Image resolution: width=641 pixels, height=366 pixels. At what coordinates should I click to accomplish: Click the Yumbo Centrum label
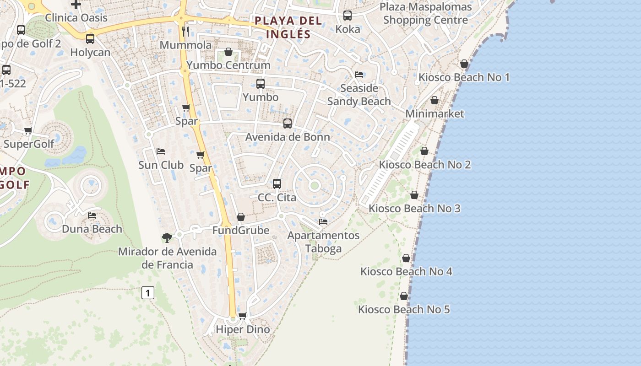pyautogui.click(x=228, y=65)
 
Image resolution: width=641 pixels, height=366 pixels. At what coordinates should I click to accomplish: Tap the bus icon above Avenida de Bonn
pyautogui.click(x=288, y=123)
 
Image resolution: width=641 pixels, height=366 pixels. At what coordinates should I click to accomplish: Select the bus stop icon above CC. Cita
pyautogui.click(x=277, y=184)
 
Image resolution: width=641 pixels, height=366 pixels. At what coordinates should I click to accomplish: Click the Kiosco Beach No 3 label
pyautogui.click(x=414, y=208)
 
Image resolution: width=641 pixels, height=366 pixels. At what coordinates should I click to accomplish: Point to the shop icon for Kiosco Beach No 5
pyautogui.click(x=404, y=296)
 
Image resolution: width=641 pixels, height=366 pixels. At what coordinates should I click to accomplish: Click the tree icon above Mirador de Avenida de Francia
pyautogui.click(x=167, y=237)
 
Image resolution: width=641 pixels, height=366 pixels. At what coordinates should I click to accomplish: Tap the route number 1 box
pyautogui.click(x=147, y=293)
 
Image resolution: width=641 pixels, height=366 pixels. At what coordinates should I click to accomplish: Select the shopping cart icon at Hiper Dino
pyautogui.click(x=243, y=316)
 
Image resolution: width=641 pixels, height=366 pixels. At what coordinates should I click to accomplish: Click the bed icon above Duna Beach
pyautogui.click(x=92, y=215)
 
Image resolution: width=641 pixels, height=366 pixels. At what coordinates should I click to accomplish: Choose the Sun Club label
pyautogui.click(x=161, y=165)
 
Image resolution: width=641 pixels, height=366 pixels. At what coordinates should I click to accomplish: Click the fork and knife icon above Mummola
pyautogui.click(x=185, y=31)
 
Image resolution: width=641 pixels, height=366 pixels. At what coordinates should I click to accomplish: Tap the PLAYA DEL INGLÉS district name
pyautogui.click(x=288, y=27)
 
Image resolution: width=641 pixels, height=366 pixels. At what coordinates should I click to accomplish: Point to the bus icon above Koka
pyautogui.click(x=348, y=16)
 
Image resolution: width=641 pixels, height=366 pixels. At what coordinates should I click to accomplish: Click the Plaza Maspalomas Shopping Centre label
pyautogui.click(x=425, y=13)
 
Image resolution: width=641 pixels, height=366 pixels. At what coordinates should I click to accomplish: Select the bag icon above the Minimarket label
pyautogui.click(x=435, y=100)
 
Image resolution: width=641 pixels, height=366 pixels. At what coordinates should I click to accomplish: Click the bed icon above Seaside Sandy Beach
pyautogui.click(x=359, y=75)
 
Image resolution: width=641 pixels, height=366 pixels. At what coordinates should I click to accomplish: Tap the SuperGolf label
pyautogui.click(x=28, y=144)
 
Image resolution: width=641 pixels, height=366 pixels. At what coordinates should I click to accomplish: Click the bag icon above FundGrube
pyautogui.click(x=241, y=217)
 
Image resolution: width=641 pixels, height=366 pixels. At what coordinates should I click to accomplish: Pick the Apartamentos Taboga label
pyautogui.click(x=323, y=242)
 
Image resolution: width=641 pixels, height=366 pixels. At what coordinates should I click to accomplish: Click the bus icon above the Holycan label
pyautogui.click(x=90, y=39)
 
